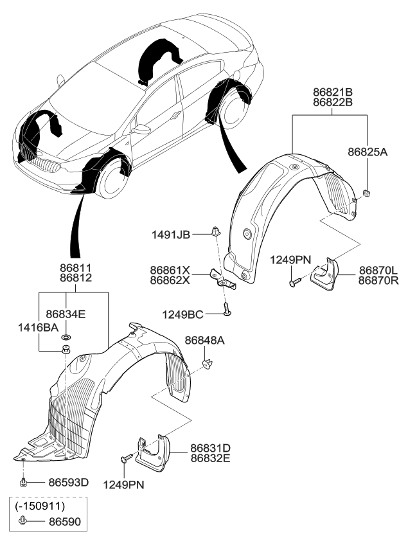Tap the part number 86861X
(170, 271)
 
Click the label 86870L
(377, 271)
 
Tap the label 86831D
(209, 447)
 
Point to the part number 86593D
(66, 481)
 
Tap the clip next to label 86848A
(207, 364)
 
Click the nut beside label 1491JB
(216, 230)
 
